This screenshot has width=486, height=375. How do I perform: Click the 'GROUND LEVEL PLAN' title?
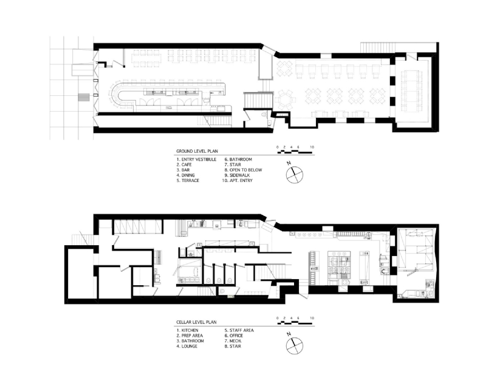(197, 152)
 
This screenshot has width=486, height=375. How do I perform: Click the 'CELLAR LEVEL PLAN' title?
(196, 322)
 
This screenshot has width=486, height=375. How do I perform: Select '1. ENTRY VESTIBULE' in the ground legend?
(196, 160)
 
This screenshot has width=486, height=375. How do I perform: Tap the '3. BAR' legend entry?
(183, 170)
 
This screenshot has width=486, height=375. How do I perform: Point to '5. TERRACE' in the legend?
(188, 181)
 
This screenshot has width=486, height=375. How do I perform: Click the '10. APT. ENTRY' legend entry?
(238, 181)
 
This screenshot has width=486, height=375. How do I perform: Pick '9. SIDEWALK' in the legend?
(237, 175)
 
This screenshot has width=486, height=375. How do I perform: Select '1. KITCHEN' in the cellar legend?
(188, 331)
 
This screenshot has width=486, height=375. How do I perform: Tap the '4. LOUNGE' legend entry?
(187, 346)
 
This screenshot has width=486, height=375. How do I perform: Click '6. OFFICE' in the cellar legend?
(234, 336)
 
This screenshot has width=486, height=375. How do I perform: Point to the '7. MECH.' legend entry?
(233, 341)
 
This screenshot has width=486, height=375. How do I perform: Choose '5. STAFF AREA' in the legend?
(239, 331)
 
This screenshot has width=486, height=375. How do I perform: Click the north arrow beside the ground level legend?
(294, 174)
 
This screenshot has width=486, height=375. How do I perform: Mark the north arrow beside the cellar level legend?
(294, 345)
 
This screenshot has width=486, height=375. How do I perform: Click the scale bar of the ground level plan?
(295, 152)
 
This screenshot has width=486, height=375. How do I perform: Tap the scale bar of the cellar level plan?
(295, 323)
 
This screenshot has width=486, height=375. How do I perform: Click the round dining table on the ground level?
(283, 100)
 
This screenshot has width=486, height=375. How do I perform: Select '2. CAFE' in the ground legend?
(184, 164)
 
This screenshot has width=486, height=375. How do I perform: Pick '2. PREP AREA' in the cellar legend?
(190, 336)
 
